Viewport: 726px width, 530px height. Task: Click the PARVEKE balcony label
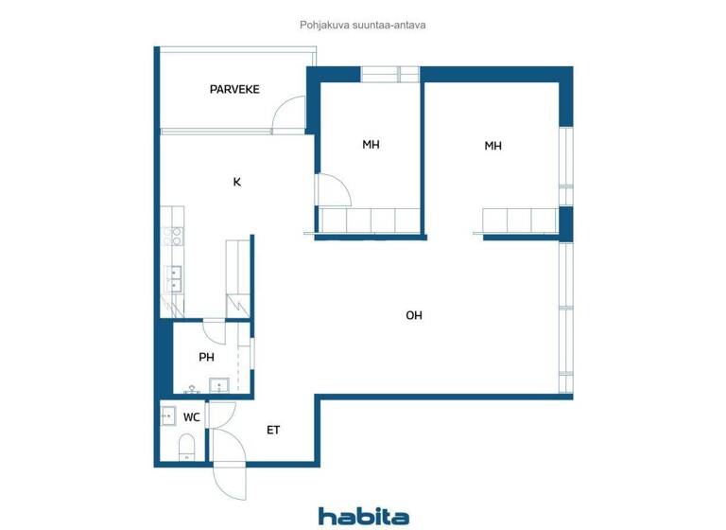pyautogui.click(x=234, y=90)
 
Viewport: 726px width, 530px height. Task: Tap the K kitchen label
pyautogui.click(x=236, y=182)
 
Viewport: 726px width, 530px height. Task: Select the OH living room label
pyautogui.click(x=413, y=315)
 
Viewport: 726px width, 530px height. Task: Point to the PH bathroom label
pyautogui.click(x=206, y=357)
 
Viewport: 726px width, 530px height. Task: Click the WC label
pyautogui.click(x=191, y=416)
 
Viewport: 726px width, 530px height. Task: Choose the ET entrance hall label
pyautogui.click(x=273, y=430)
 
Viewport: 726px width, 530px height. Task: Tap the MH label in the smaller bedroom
pyautogui.click(x=371, y=145)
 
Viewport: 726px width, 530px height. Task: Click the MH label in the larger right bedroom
pyautogui.click(x=493, y=146)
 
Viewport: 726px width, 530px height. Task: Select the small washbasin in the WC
pyautogui.click(x=167, y=415)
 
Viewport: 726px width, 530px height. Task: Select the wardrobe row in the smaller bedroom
pyautogui.click(x=372, y=221)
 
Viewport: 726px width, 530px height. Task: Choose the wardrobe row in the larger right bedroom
pyautogui.click(x=519, y=221)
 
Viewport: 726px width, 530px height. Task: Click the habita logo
pyautogui.click(x=363, y=516)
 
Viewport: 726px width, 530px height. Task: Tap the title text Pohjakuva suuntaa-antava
pyautogui.click(x=363, y=26)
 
